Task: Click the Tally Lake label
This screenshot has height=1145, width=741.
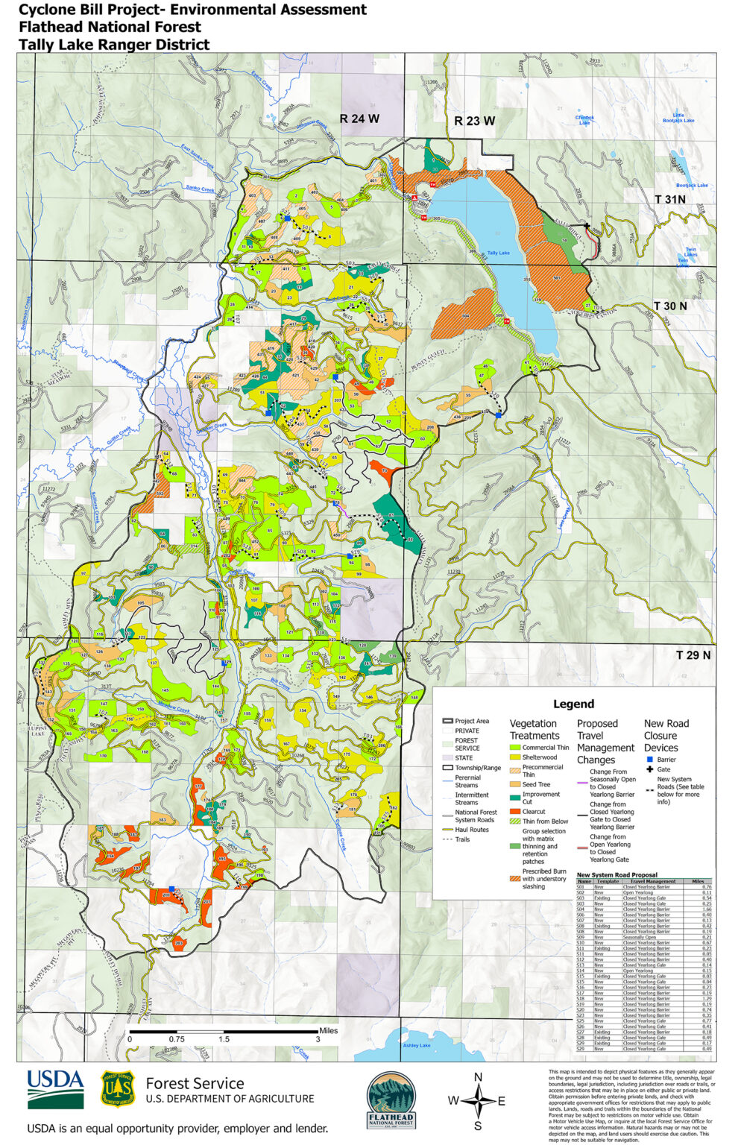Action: point(498,253)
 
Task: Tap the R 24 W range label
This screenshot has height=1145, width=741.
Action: point(359,119)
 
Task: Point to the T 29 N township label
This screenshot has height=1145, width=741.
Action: point(693,655)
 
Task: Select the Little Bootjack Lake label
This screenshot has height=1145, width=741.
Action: point(678,118)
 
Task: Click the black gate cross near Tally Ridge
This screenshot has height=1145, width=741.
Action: point(587,226)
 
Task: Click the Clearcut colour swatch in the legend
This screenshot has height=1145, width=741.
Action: point(514,812)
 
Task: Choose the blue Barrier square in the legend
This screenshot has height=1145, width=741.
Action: point(649,760)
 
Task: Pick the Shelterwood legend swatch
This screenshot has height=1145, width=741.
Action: point(514,757)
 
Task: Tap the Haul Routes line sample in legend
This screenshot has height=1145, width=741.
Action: point(447,830)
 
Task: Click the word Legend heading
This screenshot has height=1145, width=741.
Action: point(573,704)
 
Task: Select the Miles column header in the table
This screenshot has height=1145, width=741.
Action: point(697,881)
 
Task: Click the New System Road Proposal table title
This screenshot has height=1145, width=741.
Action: point(617,875)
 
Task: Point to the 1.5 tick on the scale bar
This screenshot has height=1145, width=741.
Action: point(224,1039)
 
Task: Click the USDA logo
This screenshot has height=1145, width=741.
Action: point(56,1089)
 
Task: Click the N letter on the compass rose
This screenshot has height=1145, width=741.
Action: point(479,1077)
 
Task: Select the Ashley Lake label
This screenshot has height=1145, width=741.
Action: point(416,1045)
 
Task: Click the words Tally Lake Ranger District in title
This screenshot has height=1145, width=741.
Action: point(113,44)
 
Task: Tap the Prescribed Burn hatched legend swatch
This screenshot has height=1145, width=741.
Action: point(514,879)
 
